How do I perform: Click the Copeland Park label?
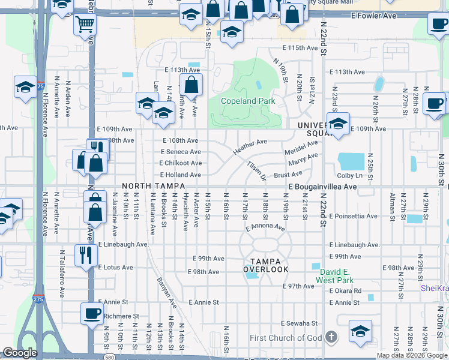point(248,101)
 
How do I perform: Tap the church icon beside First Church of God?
point(330,338)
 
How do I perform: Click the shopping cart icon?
point(85,25)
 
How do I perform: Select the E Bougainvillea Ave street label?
point(322,187)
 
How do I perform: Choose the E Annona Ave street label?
point(265,228)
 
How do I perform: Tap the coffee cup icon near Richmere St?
point(92,313)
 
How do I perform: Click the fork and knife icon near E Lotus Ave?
point(85,254)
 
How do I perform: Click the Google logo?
point(20,353)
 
